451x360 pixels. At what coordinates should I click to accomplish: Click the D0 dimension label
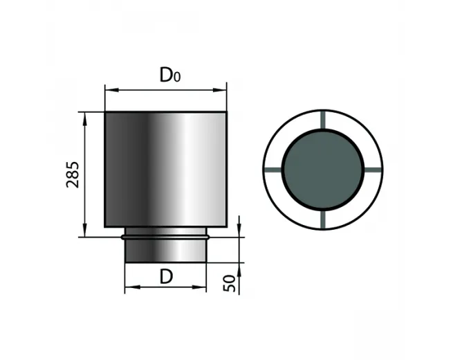170,75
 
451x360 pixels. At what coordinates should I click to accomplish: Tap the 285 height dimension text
73,175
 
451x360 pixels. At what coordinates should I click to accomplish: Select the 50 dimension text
229,283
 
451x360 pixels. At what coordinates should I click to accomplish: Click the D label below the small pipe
166,276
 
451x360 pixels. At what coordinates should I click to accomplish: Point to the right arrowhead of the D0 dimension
220,90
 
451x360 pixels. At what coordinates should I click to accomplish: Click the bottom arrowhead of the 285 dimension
84,231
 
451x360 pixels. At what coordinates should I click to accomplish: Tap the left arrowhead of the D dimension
132,287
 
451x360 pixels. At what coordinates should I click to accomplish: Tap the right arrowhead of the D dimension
199,287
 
